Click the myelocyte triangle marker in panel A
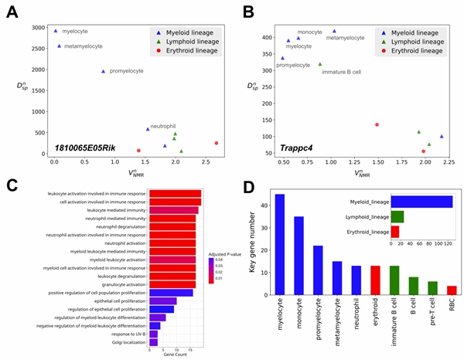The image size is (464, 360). click(56, 30)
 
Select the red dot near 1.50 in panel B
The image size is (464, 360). click(377, 124)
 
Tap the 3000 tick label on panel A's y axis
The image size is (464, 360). click(36, 29)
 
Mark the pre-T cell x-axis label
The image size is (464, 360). click(432, 317)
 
